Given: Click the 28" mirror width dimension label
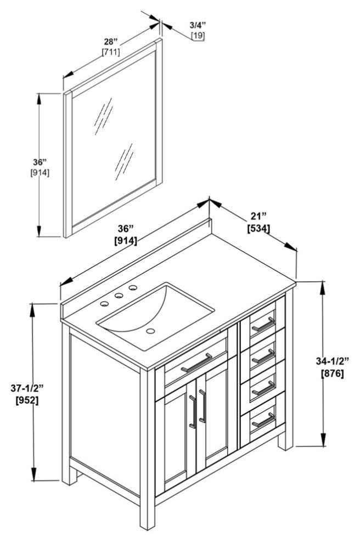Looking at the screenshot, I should (x=112, y=42).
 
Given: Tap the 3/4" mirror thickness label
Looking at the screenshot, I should (x=198, y=25).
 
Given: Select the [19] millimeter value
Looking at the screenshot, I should (x=198, y=36).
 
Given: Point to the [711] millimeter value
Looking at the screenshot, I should (x=111, y=52).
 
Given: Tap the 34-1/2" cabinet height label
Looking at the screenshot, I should (x=333, y=361).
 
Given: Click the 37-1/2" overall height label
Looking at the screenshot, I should (x=27, y=388).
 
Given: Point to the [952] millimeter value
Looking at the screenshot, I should (x=27, y=400).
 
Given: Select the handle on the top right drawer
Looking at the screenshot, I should (x=263, y=324).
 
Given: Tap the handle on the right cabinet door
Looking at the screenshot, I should (x=202, y=405).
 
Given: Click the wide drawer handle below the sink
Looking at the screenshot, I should (x=196, y=363).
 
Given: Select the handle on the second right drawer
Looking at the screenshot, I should (x=264, y=356).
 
